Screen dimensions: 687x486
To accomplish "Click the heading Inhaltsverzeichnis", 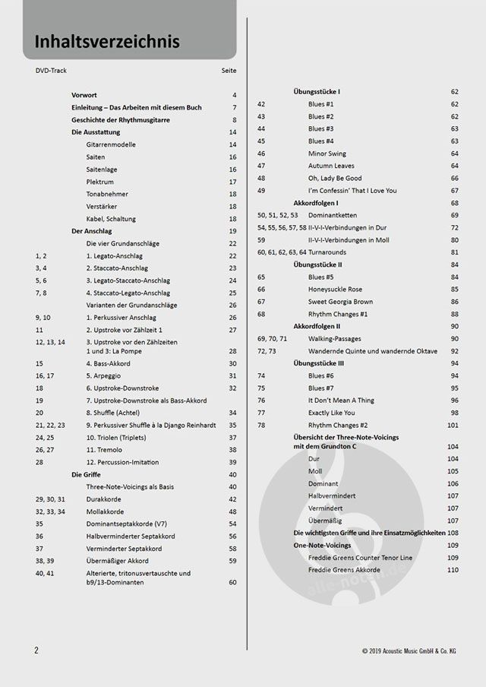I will [106, 41].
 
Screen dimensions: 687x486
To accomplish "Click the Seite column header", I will [229, 71].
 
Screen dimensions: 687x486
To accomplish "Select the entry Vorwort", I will [85, 95].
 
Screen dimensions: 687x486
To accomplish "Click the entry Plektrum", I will [100, 182].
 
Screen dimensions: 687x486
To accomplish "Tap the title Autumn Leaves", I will [331, 166].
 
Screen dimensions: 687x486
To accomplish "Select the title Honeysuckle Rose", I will [335, 290].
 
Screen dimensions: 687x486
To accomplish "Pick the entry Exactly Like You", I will [333, 413].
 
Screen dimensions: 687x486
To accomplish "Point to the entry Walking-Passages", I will [335, 339].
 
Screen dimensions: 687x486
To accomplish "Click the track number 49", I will [261, 191].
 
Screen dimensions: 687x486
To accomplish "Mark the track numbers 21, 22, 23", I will [50, 425].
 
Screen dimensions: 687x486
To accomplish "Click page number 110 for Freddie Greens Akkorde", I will [453, 570].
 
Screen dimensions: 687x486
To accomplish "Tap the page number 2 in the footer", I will [36, 651].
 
